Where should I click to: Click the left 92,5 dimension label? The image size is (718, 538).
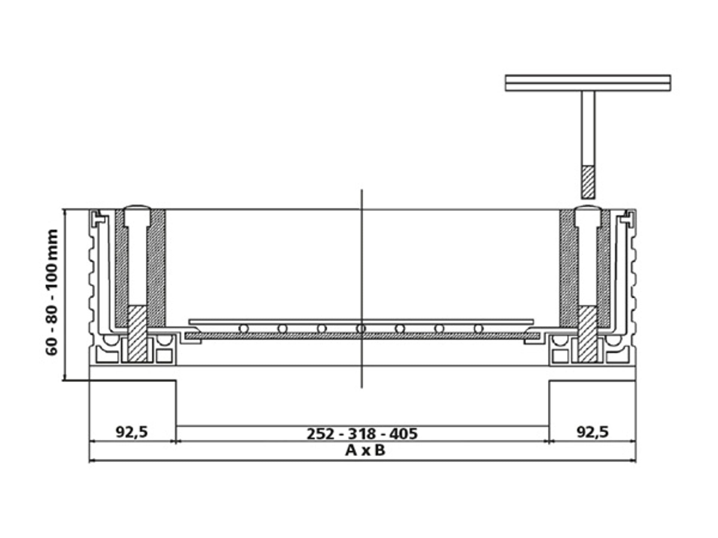[x=132, y=432]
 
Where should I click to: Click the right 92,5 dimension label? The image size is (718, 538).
[x=593, y=432]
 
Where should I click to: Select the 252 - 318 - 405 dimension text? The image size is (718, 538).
[x=362, y=434]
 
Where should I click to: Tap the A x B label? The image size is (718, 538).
[x=365, y=450]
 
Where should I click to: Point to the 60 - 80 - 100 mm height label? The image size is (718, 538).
[x=52, y=292]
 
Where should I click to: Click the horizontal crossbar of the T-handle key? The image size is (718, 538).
[x=588, y=83]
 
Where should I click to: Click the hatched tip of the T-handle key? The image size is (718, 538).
[x=588, y=182]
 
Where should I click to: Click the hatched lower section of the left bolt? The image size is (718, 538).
[x=138, y=334]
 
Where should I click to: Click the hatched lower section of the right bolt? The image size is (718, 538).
[x=587, y=334]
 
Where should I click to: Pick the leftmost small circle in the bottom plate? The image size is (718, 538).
[x=244, y=329]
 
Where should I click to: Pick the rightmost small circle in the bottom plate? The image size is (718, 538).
[x=478, y=329]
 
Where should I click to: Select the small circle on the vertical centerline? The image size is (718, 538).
[x=361, y=329]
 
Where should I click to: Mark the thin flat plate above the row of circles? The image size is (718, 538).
[x=361, y=322]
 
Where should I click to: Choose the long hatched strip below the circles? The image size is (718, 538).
[x=362, y=336]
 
